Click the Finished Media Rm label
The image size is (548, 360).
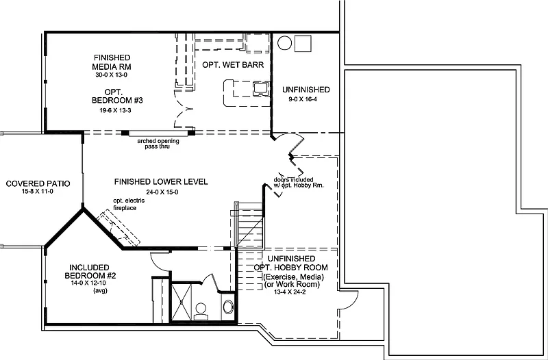tap(112, 62)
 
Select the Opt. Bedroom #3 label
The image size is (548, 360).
tap(117, 97)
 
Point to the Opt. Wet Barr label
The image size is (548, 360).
tap(233, 65)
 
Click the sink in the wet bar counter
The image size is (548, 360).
tap(261, 88)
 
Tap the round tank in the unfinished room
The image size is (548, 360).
tap(284, 43)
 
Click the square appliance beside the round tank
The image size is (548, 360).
tap(303, 43)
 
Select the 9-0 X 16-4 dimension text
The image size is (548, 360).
tap(303, 99)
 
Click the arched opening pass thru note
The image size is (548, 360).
tap(158, 144)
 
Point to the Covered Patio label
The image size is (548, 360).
tap(38, 183)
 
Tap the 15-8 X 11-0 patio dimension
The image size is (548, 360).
tap(38, 192)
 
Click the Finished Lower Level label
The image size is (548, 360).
tap(161, 181)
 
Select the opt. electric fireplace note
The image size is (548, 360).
tap(129, 204)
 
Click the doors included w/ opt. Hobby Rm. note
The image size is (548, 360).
tap(299, 182)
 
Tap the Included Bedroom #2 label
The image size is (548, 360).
tap(90, 272)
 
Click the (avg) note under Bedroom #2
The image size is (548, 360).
tap(100, 290)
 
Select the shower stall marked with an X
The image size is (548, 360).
tap(182, 301)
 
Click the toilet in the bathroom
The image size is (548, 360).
tap(201, 311)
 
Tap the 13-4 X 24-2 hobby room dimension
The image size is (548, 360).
tap(290, 292)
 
